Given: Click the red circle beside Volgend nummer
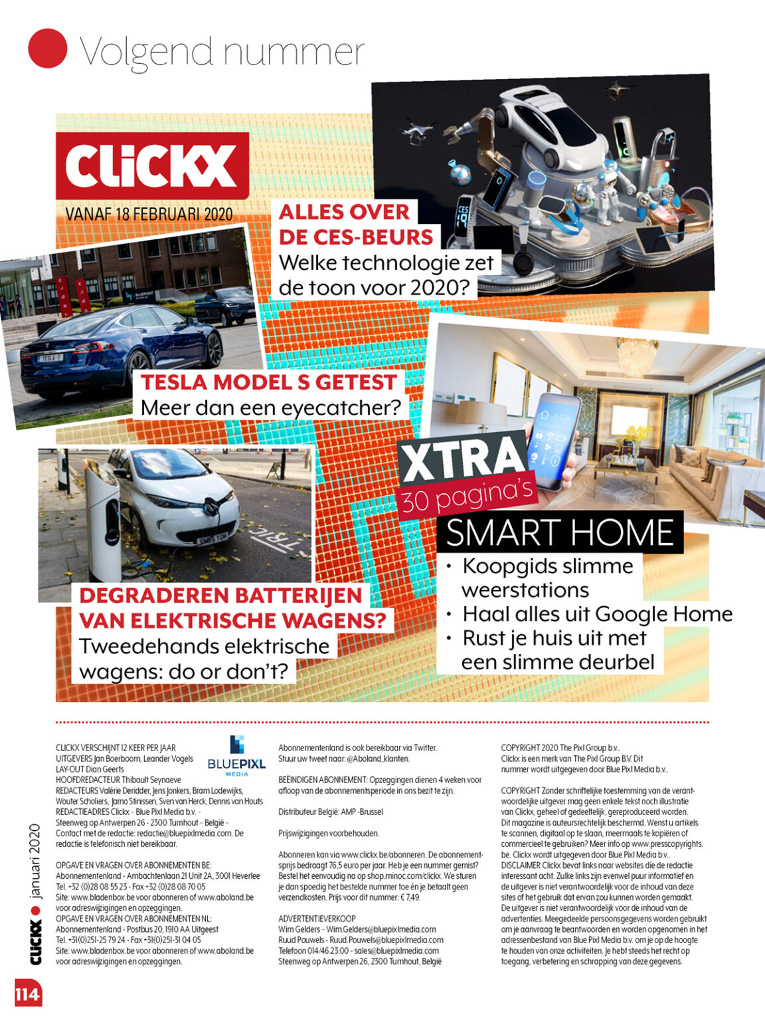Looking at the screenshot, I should [48, 48].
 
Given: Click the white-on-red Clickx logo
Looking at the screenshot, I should [152, 166].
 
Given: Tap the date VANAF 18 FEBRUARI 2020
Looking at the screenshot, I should [149, 214].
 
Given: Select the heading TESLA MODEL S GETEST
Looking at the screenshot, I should [269, 382].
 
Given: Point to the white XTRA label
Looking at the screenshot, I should [463, 459].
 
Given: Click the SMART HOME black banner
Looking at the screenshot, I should [560, 532].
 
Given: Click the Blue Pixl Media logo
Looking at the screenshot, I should [236, 756].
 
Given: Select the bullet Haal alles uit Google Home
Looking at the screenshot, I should [597, 614].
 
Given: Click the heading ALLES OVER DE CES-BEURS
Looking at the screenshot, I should [355, 225].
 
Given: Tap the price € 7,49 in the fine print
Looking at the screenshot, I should [406, 897].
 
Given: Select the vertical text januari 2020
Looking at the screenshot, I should [35, 861].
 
